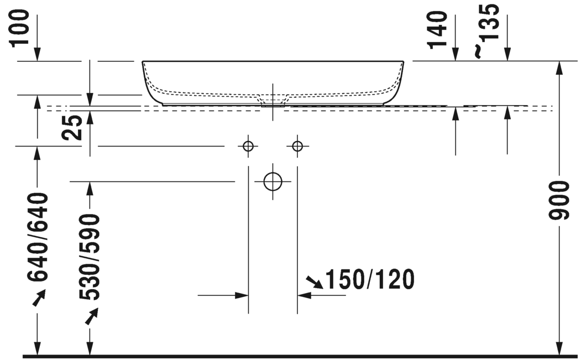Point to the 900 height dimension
(559, 200)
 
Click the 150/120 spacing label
(369, 280)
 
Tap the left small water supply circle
(248, 146)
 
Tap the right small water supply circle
(297, 146)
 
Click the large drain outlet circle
(273, 181)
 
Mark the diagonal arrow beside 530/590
(91, 316)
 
